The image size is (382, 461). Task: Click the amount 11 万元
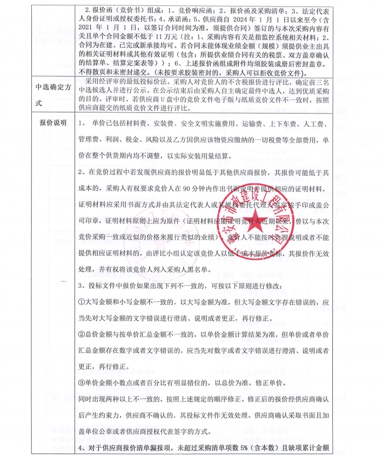click(165, 36)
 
